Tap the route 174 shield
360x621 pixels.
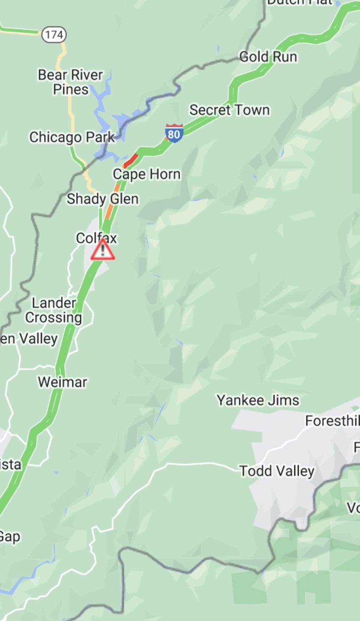pyautogui.click(x=54, y=35)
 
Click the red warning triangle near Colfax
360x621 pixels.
pyautogui.click(x=102, y=250)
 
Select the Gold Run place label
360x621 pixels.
pyautogui.click(x=268, y=57)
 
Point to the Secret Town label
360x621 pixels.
pyautogui.click(x=229, y=110)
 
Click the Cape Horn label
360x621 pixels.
pyautogui.click(x=147, y=174)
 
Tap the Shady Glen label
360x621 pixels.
pyautogui.click(x=102, y=198)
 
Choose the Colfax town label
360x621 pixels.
pyautogui.click(x=96, y=238)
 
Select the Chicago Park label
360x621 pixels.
pyautogui.click(x=72, y=137)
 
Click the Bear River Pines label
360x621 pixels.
pyautogui.click(x=71, y=82)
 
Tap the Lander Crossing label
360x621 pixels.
pyautogui.click(x=54, y=310)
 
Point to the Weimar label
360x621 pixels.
pyautogui.click(x=62, y=382)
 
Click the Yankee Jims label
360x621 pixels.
pyautogui.click(x=258, y=400)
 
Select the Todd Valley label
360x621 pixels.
pyautogui.click(x=277, y=471)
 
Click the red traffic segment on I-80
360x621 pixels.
pyautogui.click(x=131, y=160)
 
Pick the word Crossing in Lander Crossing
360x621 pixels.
pyautogui.click(x=54, y=317)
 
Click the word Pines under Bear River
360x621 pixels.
pyautogui.click(x=71, y=89)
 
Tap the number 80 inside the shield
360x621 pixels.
pyautogui.click(x=174, y=134)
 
